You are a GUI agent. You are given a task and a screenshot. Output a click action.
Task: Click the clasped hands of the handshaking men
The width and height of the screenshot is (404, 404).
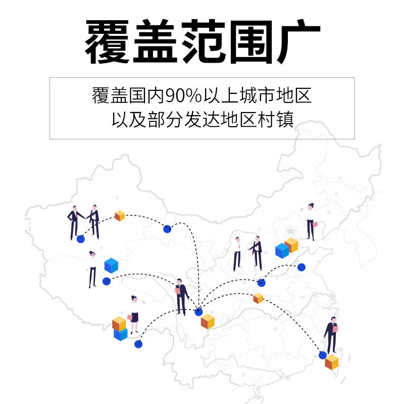point(86,216)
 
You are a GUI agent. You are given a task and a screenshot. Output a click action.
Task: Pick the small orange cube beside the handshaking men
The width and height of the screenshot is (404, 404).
point(120,216)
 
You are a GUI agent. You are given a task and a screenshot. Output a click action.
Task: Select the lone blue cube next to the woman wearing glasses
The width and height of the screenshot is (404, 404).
point(111,265)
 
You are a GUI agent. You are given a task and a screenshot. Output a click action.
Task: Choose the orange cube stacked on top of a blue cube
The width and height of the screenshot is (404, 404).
point(119,323)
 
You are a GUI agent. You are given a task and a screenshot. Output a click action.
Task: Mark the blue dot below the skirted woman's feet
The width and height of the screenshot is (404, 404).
point(138,344)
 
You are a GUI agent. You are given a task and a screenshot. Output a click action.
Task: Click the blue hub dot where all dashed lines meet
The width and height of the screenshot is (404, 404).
point(198,312)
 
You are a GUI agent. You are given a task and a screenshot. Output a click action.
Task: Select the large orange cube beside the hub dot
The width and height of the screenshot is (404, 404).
point(208,321)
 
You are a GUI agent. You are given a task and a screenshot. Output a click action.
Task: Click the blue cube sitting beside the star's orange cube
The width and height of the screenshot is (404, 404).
point(282,250)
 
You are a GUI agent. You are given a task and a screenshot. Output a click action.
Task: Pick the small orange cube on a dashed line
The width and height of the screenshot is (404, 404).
point(258,298)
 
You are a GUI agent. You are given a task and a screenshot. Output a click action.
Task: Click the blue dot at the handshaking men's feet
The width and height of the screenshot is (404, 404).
point(80,239)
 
